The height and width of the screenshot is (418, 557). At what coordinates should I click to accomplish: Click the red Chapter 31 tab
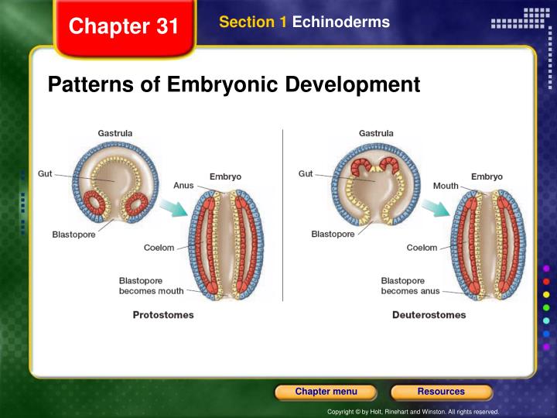click(124, 28)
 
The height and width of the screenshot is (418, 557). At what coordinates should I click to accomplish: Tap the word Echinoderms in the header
click(341, 22)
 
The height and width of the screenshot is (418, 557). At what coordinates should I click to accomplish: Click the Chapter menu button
click(326, 392)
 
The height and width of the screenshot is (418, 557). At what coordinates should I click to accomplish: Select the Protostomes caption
click(163, 315)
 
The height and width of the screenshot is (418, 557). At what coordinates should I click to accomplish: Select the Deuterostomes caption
click(429, 315)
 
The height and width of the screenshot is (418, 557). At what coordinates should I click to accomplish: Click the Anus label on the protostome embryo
click(183, 186)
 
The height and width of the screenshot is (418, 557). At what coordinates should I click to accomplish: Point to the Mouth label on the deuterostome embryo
click(446, 186)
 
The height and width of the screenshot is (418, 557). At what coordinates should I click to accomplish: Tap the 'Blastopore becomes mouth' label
click(152, 286)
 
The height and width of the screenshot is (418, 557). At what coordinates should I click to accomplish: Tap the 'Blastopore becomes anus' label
click(410, 286)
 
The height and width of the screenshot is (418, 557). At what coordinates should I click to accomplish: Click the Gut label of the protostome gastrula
click(45, 174)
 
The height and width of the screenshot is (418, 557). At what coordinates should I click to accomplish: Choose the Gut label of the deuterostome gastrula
click(306, 174)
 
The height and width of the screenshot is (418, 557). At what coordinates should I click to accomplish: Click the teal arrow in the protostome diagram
click(174, 207)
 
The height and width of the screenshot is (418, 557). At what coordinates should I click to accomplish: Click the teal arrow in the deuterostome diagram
click(436, 207)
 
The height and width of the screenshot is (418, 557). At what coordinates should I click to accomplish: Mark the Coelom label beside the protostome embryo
click(159, 248)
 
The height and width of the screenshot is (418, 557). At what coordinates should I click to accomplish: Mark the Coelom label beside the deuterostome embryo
click(422, 248)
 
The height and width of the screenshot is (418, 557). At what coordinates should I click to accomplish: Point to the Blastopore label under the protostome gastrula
click(73, 235)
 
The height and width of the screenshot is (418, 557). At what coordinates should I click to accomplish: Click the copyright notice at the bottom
click(413, 412)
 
